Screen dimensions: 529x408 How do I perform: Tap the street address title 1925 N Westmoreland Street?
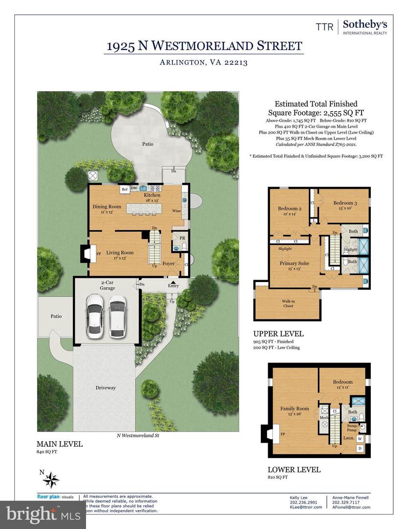[205, 46]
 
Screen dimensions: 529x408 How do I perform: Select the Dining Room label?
[107, 207]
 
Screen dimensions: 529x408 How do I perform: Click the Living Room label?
[120, 253]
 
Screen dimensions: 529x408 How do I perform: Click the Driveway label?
[106, 387]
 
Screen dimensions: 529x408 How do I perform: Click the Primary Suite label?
[294, 264]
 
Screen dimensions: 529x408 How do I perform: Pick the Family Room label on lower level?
[295, 409]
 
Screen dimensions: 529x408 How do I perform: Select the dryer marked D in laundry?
[360, 449]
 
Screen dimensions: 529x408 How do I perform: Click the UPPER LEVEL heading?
[278, 334]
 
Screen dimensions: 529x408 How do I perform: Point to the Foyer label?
[169, 263]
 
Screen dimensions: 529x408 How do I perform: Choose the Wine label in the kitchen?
[176, 211]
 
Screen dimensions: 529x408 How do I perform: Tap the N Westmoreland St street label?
[138, 434]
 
